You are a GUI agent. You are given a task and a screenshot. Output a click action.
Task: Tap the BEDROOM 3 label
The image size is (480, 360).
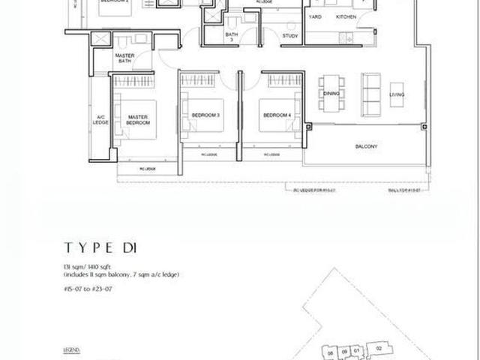coord(205,115)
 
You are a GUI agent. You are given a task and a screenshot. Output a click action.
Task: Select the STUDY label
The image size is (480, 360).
coord(290,35)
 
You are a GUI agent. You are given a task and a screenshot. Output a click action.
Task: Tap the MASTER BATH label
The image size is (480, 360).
coord(124,59)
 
